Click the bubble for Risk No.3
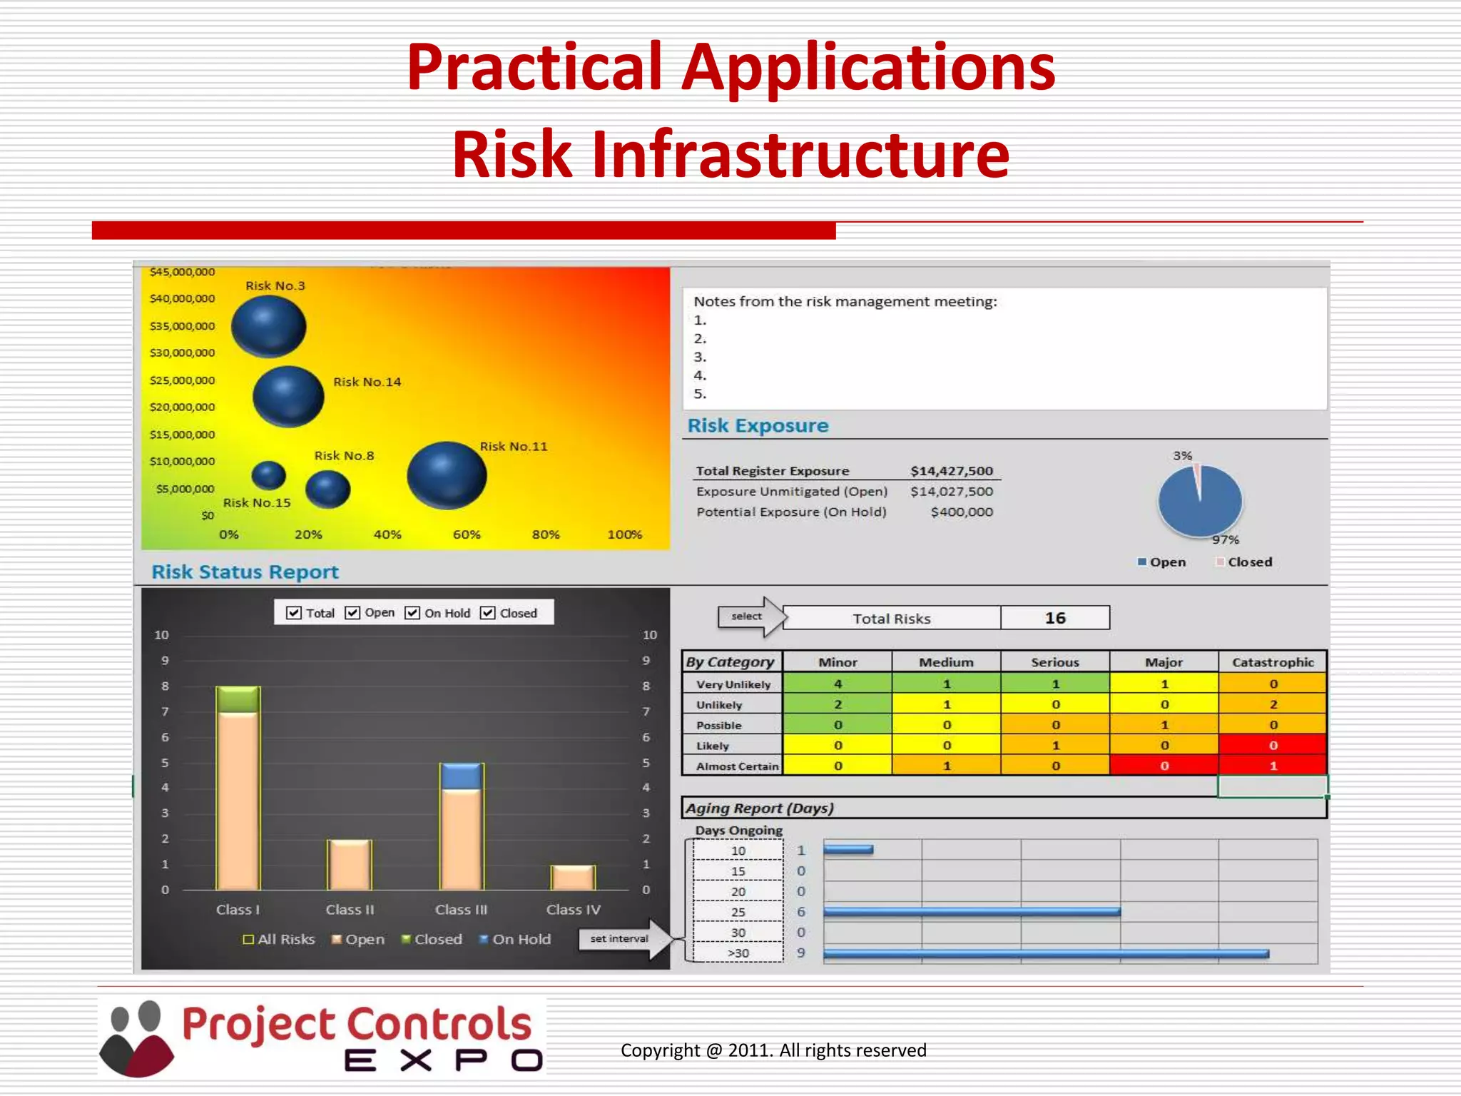coord(269,326)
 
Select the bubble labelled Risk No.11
coord(447,475)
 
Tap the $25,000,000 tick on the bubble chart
coord(182,380)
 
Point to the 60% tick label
coord(467,534)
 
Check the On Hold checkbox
coord(412,613)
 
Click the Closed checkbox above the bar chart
coord(488,613)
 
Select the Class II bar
coord(349,865)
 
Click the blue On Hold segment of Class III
coord(462,776)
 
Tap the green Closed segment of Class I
coord(238,699)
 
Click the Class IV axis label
coord(573,910)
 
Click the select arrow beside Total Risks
coord(749,616)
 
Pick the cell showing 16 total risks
coord(1054,618)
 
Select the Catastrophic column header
coord(1272,662)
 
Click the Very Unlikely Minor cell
coord(838,684)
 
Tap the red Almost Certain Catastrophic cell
coord(1272,766)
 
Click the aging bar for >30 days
coord(1045,953)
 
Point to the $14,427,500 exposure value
coord(951,471)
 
